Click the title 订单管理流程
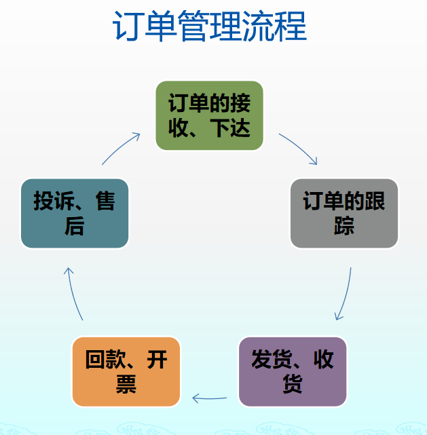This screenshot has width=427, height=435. click(209, 28)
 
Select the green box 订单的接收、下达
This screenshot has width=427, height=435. click(209, 115)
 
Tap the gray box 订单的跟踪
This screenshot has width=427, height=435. click(344, 213)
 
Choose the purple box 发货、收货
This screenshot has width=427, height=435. click(293, 371)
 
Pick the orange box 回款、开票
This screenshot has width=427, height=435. click(126, 371)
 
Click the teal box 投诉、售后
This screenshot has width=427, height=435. click(75, 213)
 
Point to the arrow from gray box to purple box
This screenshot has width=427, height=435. click(346, 295)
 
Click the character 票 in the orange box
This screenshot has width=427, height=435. click(126, 384)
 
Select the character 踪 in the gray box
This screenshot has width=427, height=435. click(344, 226)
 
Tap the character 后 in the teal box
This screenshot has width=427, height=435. click(75, 226)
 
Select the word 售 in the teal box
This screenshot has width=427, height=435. click(105, 201)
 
